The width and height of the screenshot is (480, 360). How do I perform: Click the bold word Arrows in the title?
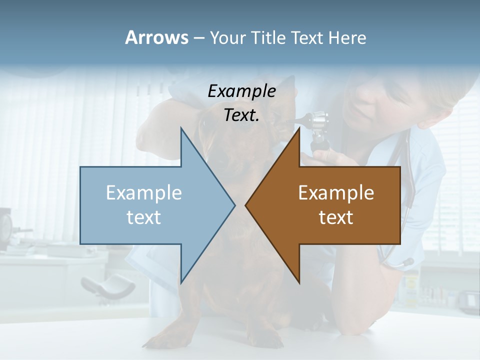(x=157, y=37)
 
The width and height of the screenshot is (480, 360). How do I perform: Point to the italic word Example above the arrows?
(x=241, y=91)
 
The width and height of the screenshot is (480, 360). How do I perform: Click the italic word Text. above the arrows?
(x=241, y=115)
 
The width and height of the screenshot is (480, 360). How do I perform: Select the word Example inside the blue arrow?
(x=144, y=193)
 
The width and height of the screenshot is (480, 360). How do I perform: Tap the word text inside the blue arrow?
(x=144, y=217)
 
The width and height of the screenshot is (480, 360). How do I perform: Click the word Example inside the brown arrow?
(x=336, y=193)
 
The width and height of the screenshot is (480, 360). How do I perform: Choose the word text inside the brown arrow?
(x=336, y=217)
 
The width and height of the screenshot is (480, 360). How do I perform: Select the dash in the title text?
(x=198, y=38)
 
